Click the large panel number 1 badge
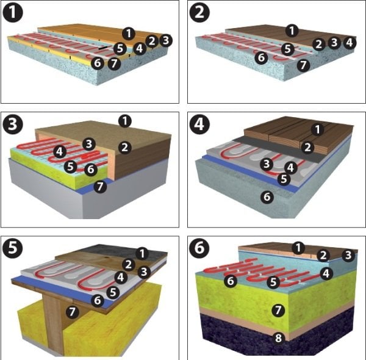[x=13, y=12]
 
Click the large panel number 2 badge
[x=199, y=12]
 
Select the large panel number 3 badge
[x=13, y=124]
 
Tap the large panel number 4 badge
[x=199, y=124]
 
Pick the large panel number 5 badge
[x=13, y=248]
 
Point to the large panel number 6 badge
[x=199, y=248]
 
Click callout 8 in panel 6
[x=278, y=338]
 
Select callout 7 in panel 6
[x=278, y=311]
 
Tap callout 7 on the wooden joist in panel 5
[x=72, y=312]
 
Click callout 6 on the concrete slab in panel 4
[x=267, y=197]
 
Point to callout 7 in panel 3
[x=100, y=187]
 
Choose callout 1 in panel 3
[x=125, y=121]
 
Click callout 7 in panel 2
[x=303, y=65]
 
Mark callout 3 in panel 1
[x=166, y=40]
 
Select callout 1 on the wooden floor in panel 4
[x=317, y=129]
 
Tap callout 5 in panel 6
[x=273, y=282]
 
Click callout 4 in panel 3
[x=60, y=152]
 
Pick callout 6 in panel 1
[x=98, y=63]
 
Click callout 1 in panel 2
[x=292, y=31]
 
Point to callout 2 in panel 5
[x=129, y=265]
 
